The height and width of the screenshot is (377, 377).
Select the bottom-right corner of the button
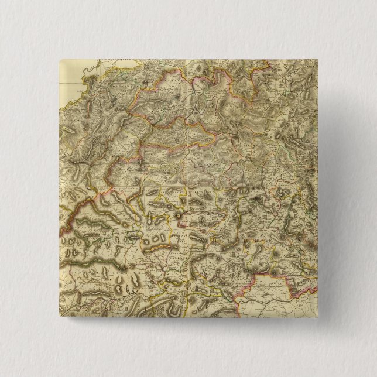318,317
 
